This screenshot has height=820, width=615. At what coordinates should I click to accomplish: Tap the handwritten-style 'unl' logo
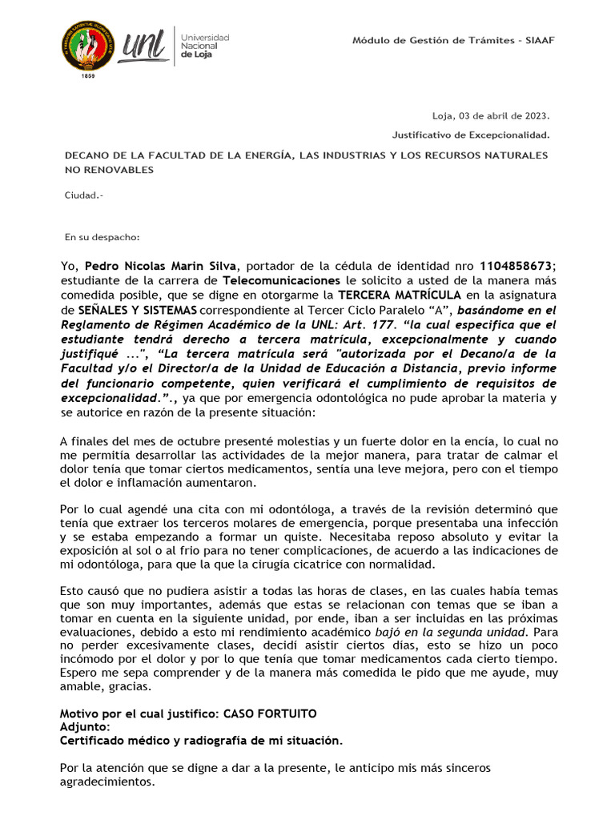point(143,46)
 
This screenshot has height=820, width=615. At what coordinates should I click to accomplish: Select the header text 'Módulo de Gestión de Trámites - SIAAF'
point(453,40)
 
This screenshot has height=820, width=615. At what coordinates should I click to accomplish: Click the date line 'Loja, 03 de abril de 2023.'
point(491,115)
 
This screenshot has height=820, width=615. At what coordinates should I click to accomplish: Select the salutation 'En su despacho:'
point(102,236)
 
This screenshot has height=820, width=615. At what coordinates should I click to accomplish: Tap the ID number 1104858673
point(516,266)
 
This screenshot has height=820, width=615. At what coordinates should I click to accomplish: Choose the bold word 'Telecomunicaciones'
point(281,280)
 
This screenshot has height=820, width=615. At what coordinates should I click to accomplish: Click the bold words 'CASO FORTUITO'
point(270,713)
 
